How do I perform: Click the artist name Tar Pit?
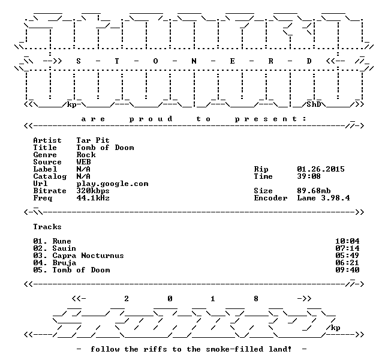(93, 140)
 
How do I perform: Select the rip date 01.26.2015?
(321, 169)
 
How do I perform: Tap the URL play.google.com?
(112, 184)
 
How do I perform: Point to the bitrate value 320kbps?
(93, 191)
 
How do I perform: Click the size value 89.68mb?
(314, 191)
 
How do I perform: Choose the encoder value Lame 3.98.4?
(323, 198)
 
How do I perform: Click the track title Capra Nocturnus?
(88, 256)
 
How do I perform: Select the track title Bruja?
(64, 263)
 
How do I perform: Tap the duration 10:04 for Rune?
(347, 241)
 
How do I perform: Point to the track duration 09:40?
(347, 270)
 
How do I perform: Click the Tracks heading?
(47, 227)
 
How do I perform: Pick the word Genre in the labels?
(45, 155)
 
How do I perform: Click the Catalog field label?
(50, 176)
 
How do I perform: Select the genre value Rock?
(86, 155)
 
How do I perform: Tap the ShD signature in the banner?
(314, 104)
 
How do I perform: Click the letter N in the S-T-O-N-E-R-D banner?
(194, 61)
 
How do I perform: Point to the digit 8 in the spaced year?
(256, 299)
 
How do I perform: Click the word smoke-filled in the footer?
(234, 349)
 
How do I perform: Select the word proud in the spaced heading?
(151, 119)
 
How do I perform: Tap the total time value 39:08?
(309, 176)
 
